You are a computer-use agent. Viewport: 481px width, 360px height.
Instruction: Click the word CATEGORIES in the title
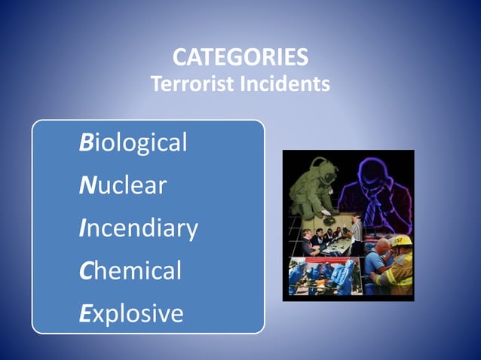(x=240, y=58)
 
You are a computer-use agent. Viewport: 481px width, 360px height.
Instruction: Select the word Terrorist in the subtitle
(x=192, y=84)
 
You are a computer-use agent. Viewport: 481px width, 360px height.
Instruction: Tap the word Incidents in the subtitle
(x=284, y=84)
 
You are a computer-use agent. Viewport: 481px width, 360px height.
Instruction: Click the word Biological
(x=133, y=142)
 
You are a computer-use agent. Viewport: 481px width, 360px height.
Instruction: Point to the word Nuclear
(x=123, y=185)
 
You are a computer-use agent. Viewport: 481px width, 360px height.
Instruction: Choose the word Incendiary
(x=139, y=227)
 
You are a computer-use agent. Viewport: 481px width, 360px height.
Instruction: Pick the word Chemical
(x=130, y=270)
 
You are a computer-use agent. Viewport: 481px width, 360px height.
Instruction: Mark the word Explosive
(x=131, y=313)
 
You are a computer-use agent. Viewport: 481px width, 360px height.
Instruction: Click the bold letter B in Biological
(x=86, y=142)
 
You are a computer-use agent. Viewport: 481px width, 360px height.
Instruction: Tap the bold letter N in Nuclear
(x=87, y=185)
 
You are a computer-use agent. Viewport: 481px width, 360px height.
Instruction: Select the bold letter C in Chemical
(x=86, y=270)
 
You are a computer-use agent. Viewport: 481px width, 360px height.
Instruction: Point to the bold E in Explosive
(x=85, y=313)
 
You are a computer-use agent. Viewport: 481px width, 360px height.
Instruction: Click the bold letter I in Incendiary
(x=82, y=227)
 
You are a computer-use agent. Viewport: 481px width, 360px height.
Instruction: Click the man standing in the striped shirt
(x=357, y=232)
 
